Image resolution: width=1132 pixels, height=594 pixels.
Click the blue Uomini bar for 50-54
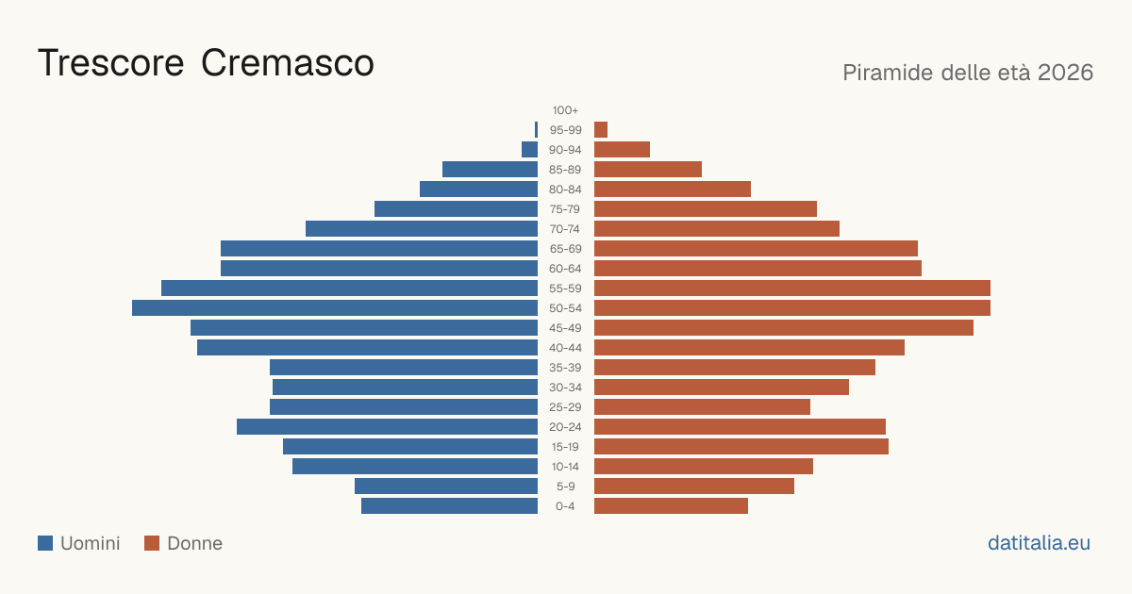click(x=335, y=308)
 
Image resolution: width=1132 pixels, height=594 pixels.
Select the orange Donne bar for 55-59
click(x=792, y=289)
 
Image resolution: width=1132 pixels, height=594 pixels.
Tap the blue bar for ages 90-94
click(x=529, y=150)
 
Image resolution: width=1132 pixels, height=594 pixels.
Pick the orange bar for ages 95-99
click(x=601, y=130)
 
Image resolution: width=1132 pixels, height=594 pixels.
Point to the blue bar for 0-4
click(x=449, y=506)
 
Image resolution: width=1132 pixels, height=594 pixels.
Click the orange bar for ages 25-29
click(x=702, y=407)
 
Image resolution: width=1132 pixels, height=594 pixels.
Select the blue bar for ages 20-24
click(x=387, y=427)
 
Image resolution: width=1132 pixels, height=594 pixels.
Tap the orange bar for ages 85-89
click(x=648, y=169)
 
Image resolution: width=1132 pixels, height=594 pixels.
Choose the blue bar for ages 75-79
click(x=456, y=209)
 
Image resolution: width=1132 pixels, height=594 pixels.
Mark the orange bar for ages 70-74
click(x=717, y=229)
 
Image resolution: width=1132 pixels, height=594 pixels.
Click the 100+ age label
click(x=565, y=110)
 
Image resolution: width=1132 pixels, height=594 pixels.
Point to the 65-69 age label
click(x=565, y=249)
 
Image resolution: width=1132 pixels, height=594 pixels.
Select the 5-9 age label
click(x=565, y=487)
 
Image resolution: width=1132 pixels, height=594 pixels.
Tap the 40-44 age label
click(x=565, y=348)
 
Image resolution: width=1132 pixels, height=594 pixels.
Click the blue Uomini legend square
click(x=45, y=543)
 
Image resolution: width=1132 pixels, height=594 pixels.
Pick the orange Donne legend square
click(x=152, y=543)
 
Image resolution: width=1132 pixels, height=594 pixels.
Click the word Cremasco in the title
click(x=288, y=63)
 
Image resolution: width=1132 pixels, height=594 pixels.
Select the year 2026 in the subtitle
click(x=1065, y=73)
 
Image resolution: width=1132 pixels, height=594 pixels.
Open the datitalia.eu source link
click(x=1039, y=543)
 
